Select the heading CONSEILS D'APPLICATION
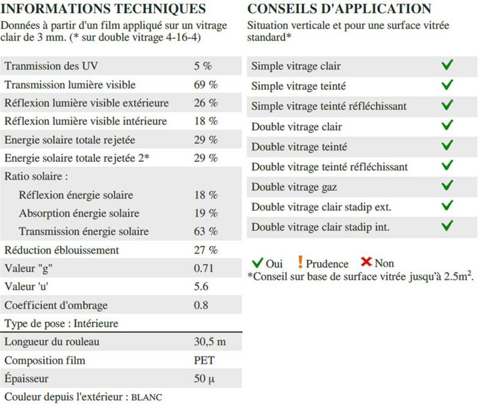pos(339,9)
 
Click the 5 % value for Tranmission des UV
pos(203,66)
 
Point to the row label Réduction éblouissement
pos(61,250)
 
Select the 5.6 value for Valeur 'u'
pos(202,286)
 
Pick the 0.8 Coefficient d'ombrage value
pos(202,305)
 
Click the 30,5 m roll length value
pos(210,342)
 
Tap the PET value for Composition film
pos(205,360)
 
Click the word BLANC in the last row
pos(147,398)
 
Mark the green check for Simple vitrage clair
pos(446,66)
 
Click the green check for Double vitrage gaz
pos(446,186)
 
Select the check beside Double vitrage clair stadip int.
pos(446,226)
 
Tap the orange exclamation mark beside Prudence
pos(300,262)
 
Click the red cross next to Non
pos(366,262)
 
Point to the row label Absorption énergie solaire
pos(79,213)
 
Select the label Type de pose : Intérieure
pos(61,324)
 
